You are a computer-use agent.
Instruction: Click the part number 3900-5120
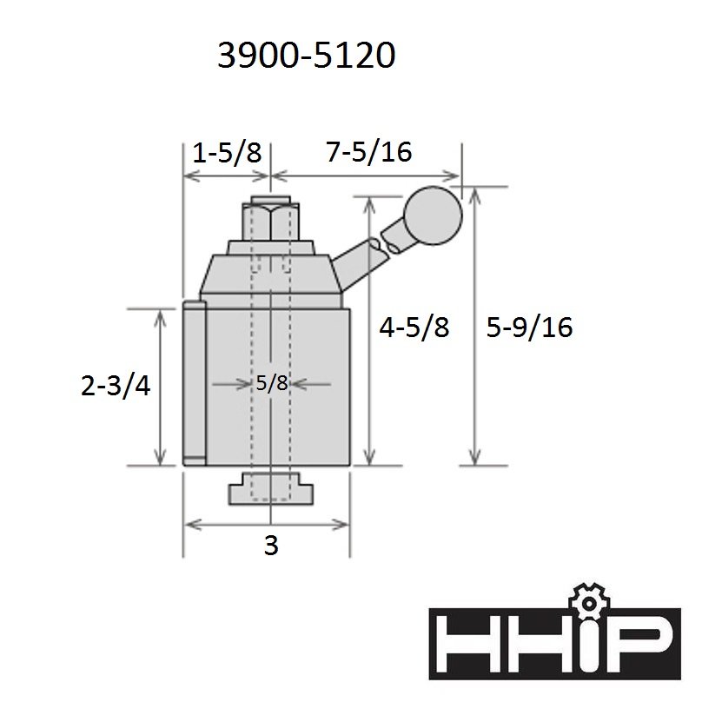[x=306, y=56]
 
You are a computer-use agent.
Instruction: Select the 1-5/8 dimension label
[x=227, y=153]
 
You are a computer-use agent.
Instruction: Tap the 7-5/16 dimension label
[x=368, y=152]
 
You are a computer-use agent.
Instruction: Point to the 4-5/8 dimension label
[x=414, y=327]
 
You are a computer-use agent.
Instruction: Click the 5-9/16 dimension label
[x=529, y=327]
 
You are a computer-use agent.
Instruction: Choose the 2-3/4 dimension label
[x=116, y=386]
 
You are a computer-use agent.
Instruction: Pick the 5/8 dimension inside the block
[x=272, y=383]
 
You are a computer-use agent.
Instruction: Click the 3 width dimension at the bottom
[x=271, y=545]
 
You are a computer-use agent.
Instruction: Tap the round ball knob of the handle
[x=433, y=215]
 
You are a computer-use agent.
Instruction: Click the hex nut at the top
[x=270, y=222]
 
